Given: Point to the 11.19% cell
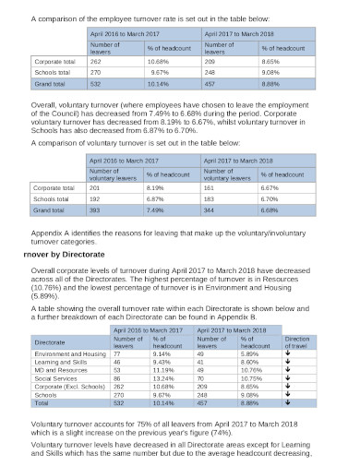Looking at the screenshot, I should [162, 370].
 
